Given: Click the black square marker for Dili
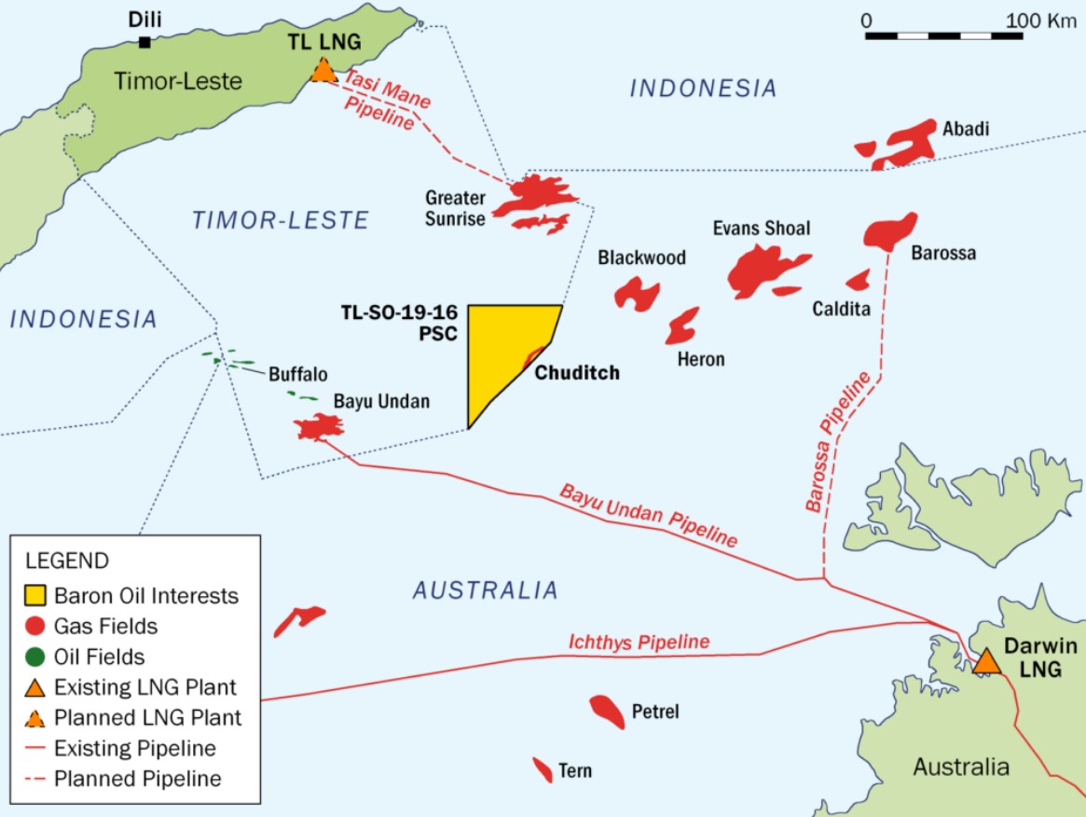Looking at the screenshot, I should [144, 42].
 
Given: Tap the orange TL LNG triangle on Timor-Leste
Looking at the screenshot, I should [323, 71].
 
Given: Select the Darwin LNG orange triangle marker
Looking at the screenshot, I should [985, 661].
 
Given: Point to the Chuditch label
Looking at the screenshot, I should [577, 373].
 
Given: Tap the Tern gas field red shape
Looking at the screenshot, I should [542, 769].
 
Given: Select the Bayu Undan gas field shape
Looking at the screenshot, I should [319, 427].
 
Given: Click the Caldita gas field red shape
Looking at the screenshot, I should [858, 280].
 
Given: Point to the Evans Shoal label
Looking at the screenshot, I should [761, 228].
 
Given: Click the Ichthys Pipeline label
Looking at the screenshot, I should [639, 643].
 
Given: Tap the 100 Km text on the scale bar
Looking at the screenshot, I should [1040, 20].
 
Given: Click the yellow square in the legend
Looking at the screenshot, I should [35, 595].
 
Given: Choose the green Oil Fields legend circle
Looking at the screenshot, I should [35, 658].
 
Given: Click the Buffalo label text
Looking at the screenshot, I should [297, 375].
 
